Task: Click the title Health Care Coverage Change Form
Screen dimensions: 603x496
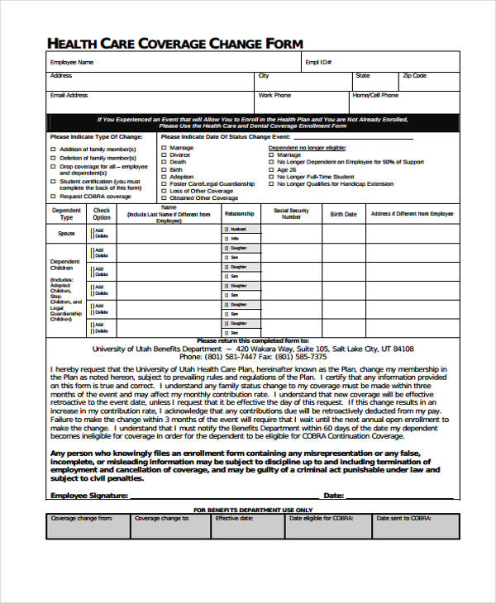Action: pyautogui.click(x=175, y=43)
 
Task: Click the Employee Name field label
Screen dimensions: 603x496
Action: pyautogui.click(x=72, y=62)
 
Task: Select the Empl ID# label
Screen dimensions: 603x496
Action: pyautogui.click(x=318, y=62)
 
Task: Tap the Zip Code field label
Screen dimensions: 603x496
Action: pyautogui.click(x=414, y=76)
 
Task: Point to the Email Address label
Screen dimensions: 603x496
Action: pyautogui.click(x=69, y=96)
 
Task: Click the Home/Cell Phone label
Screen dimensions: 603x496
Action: pyautogui.click(x=375, y=96)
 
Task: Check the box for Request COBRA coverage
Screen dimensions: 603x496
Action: pyautogui.click(x=54, y=197)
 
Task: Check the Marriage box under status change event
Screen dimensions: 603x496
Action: pyautogui.click(x=164, y=148)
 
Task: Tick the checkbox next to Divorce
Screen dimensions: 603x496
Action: pyautogui.click(x=164, y=155)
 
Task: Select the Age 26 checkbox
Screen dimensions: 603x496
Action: pyautogui.click(x=271, y=169)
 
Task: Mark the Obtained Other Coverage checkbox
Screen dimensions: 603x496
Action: pyautogui.click(x=164, y=198)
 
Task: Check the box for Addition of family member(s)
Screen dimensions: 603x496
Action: pyautogui.click(x=54, y=150)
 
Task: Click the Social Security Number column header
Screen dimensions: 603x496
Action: pyautogui.click(x=291, y=214)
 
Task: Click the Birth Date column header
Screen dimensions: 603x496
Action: pyautogui.click(x=343, y=214)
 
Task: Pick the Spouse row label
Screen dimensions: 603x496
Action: pyautogui.click(x=66, y=234)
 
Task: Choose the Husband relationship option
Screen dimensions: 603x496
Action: pyautogui.click(x=238, y=229)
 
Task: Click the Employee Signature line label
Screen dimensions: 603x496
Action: pyautogui.click(x=88, y=496)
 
